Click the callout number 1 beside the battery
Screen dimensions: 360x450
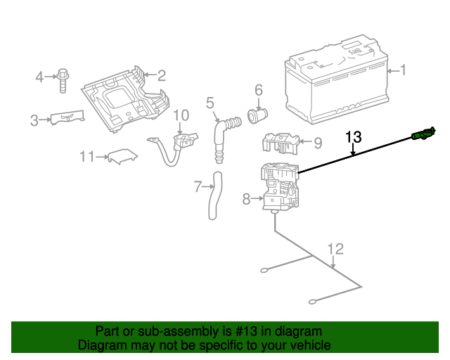pyautogui.click(x=403, y=70)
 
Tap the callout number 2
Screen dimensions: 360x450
pyautogui.click(x=161, y=76)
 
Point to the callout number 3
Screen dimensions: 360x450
pyautogui.click(x=34, y=121)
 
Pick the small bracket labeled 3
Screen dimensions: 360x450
pyautogui.click(x=67, y=118)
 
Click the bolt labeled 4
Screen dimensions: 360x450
pyautogui.click(x=63, y=79)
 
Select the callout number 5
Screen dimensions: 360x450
pyautogui.click(x=210, y=104)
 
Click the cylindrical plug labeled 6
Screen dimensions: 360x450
pyautogui.click(x=257, y=113)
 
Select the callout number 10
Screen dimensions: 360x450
pyautogui.click(x=181, y=115)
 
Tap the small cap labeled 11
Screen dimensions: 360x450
pyautogui.click(x=121, y=156)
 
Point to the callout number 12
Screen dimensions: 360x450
pyautogui.click(x=336, y=248)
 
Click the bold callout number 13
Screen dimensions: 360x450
pyautogui.click(x=353, y=136)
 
